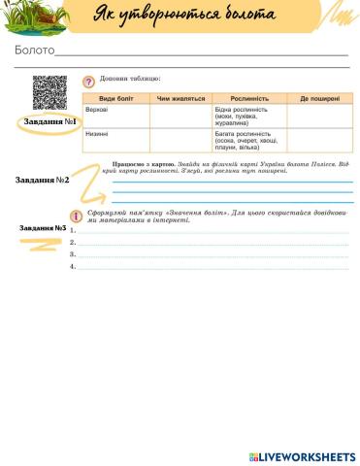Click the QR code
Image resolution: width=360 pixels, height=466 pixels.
[49, 93]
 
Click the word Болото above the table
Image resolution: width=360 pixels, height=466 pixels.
[34, 51]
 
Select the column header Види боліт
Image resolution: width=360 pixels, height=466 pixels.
[115, 99]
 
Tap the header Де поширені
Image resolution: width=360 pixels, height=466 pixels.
[317, 99]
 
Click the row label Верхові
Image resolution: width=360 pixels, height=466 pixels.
[96, 110]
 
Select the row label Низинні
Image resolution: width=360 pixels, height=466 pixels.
[96, 133]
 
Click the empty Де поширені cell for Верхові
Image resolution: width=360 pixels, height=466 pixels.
[317, 116]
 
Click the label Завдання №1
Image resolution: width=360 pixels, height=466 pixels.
[48, 123]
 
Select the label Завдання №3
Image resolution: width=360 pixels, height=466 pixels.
[43, 228]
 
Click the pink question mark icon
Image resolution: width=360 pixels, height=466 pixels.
[88, 82]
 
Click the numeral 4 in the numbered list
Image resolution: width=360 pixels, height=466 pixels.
[73, 265]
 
